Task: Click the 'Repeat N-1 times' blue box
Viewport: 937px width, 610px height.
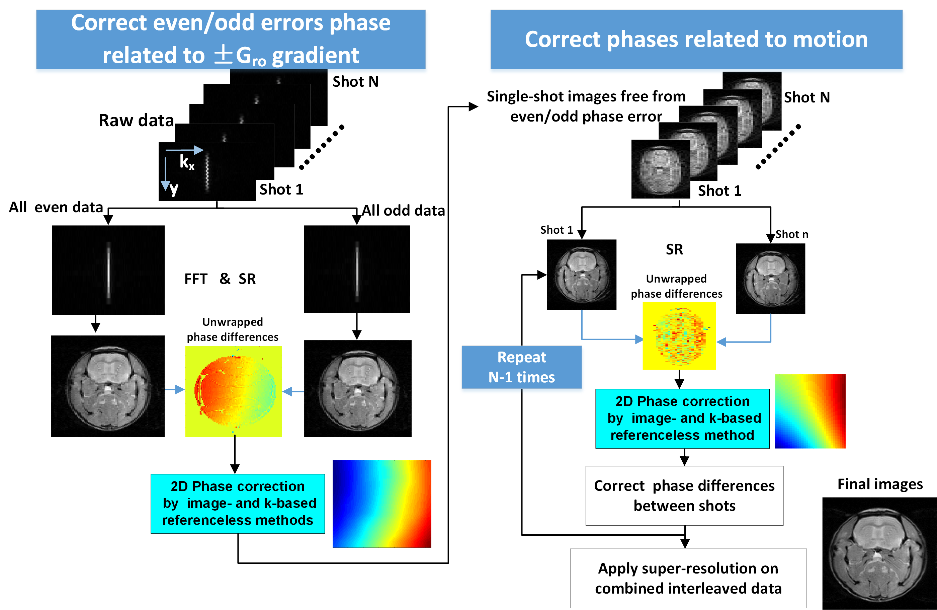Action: pyautogui.click(x=521, y=367)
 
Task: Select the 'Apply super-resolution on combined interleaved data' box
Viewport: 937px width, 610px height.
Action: pyautogui.click(x=688, y=578)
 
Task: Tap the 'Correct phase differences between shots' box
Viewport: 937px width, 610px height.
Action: pyautogui.click(x=684, y=495)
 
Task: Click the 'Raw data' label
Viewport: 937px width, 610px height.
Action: pyautogui.click(x=136, y=120)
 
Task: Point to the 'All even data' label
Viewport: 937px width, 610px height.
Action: pyautogui.click(x=56, y=207)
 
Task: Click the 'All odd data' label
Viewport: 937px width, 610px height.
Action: pyautogui.click(x=403, y=210)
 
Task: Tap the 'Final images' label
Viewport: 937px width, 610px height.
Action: pyautogui.click(x=879, y=484)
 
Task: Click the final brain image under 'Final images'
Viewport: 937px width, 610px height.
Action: pyautogui.click(x=879, y=553)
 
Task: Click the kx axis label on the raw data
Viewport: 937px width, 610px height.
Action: pyautogui.click(x=187, y=161)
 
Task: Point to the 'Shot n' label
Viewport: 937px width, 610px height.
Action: pyautogui.click(x=792, y=234)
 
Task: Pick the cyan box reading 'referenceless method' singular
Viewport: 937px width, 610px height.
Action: pyautogui.click(x=682, y=418)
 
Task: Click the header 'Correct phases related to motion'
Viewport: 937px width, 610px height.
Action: pyautogui.click(x=696, y=40)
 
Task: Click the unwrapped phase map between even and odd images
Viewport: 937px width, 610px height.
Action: pyautogui.click(x=234, y=391)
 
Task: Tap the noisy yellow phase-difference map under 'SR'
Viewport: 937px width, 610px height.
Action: pyautogui.click(x=679, y=336)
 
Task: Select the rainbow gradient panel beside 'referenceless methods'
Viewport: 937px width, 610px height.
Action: pyautogui.click(x=381, y=503)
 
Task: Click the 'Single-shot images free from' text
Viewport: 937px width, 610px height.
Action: pyautogui.click(x=586, y=96)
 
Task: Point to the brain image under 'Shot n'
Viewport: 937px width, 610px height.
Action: pyautogui.click(x=770, y=279)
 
